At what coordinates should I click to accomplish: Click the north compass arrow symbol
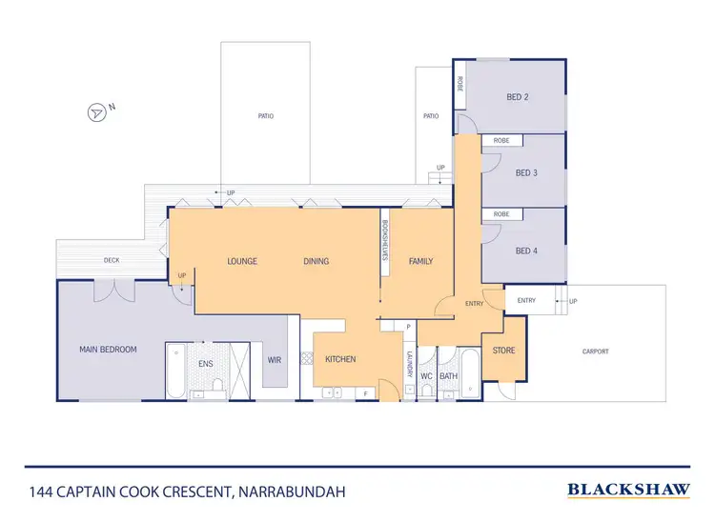tap(96, 112)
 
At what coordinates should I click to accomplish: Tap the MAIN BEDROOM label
tap(108, 350)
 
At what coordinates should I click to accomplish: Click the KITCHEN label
tap(340, 359)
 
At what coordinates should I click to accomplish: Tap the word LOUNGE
tap(244, 260)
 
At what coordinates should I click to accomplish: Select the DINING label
tap(316, 260)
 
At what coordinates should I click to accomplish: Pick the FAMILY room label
tap(420, 260)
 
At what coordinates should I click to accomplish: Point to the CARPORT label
tap(595, 351)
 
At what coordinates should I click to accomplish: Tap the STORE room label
tap(503, 351)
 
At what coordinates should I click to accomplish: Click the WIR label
tap(275, 360)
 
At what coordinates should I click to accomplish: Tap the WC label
tap(426, 375)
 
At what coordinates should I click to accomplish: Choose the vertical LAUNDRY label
tap(408, 364)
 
